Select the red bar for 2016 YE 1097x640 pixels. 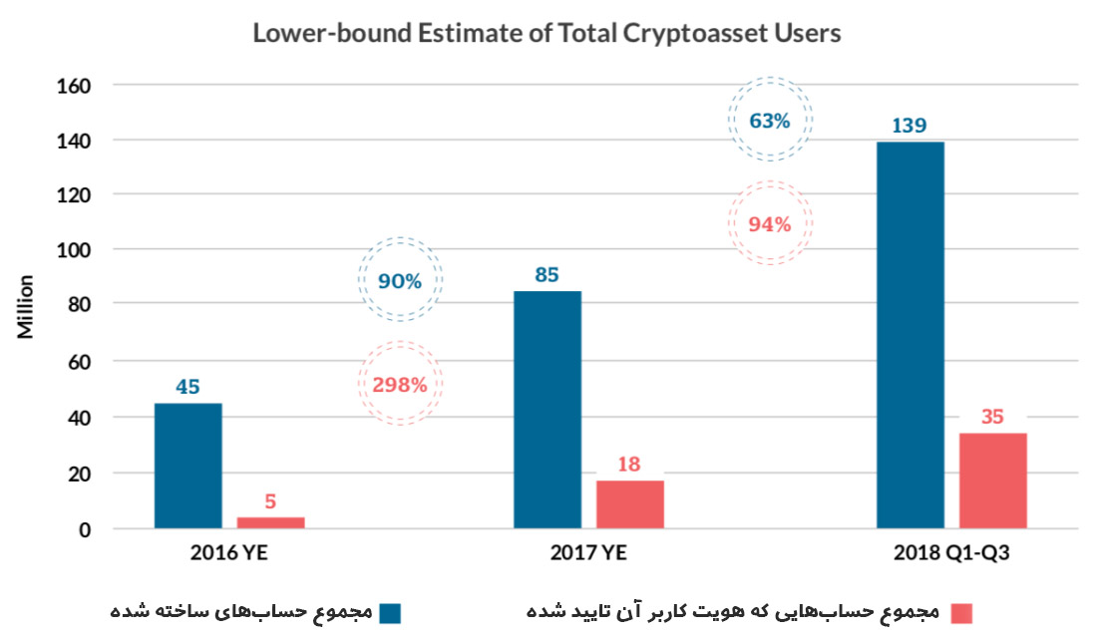click(270, 521)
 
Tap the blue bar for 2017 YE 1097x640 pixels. click(548, 409)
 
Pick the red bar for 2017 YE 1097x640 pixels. click(630, 503)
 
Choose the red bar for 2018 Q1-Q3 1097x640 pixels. click(992, 480)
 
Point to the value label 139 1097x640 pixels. click(910, 126)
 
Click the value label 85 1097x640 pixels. click(547, 274)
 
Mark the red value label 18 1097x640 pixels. click(629, 464)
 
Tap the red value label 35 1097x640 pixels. click(992, 417)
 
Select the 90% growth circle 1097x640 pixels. click(400, 280)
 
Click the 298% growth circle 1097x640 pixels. click(400, 384)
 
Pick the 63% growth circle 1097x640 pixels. click(770, 121)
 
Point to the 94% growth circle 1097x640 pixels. click(770, 223)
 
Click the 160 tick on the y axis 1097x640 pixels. click(74, 86)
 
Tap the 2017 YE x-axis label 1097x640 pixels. click(588, 553)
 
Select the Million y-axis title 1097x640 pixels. click(26, 306)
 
